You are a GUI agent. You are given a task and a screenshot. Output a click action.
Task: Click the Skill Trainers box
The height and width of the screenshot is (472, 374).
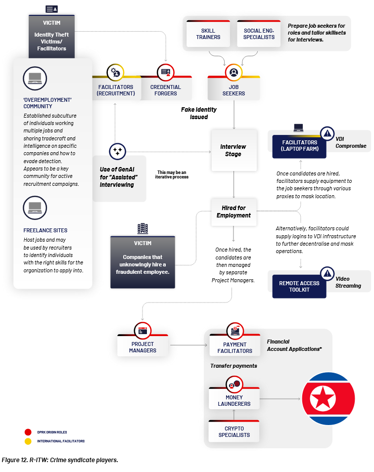(x=208, y=34)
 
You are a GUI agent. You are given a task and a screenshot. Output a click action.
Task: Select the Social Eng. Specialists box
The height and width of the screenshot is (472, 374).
(x=259, y=34)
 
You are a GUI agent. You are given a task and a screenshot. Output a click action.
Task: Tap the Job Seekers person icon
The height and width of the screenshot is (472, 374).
(x=234, y=73)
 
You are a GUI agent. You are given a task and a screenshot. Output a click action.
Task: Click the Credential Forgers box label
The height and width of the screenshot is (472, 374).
(x=166, y=90)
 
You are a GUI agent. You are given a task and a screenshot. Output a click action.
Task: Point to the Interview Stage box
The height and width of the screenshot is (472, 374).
(x=234, y=150)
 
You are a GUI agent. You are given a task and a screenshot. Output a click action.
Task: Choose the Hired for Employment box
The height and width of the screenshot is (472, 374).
(x=234, y=212)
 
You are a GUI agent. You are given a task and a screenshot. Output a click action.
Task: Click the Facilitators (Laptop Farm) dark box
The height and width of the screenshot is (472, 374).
(x=299, y=146)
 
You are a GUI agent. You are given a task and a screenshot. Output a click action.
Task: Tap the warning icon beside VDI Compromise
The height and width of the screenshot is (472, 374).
(x=327, y=133)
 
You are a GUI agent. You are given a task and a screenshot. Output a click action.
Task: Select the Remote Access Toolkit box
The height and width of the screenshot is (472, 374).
(x=299, y=286)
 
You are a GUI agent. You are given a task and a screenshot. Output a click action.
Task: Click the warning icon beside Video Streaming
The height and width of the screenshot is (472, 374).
(x=327, y=273)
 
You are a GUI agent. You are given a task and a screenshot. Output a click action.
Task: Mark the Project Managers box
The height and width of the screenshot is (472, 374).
(x=142, y=347)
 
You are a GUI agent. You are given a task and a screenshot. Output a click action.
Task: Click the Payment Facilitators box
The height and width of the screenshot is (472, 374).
(x=234, y=347)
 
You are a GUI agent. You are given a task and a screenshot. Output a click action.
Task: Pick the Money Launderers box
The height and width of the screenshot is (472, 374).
(x=234, y=400)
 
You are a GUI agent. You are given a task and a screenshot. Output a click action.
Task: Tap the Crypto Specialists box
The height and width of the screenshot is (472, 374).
(x=234, y=431)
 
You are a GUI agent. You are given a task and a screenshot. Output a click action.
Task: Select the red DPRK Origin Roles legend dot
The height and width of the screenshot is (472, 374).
(x=28, y=432)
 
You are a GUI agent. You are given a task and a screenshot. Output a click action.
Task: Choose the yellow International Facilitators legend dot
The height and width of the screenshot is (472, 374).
(x=28, y=441)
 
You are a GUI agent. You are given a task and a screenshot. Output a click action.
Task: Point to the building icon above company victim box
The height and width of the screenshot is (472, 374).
(x=143, y=228)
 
